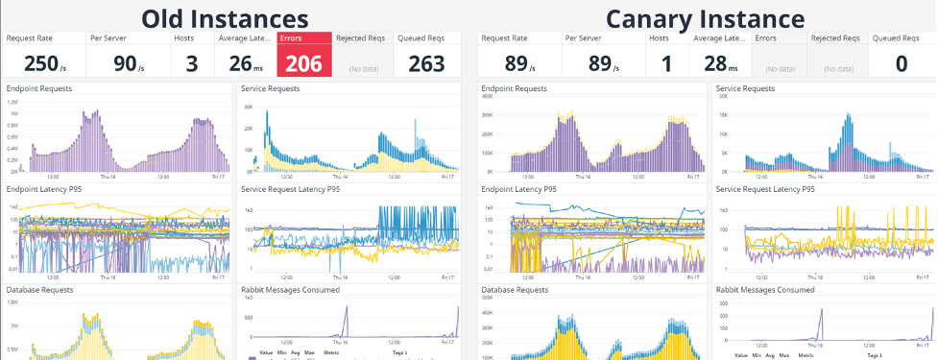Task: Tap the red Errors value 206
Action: click(x=304, y=63)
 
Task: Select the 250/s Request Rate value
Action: click(x=42, y=63)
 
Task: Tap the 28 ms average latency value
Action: click(x=721, y=63)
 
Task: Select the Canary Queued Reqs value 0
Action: click(x=902, y=63)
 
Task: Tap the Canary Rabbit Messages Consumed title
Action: click(x=765, y=289)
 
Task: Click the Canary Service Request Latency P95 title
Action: click(x=765, y=189)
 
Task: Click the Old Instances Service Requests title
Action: click(x=270, y=88)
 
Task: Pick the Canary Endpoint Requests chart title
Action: click(x=514, y=88)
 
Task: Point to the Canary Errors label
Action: click(x=766, y=38)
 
